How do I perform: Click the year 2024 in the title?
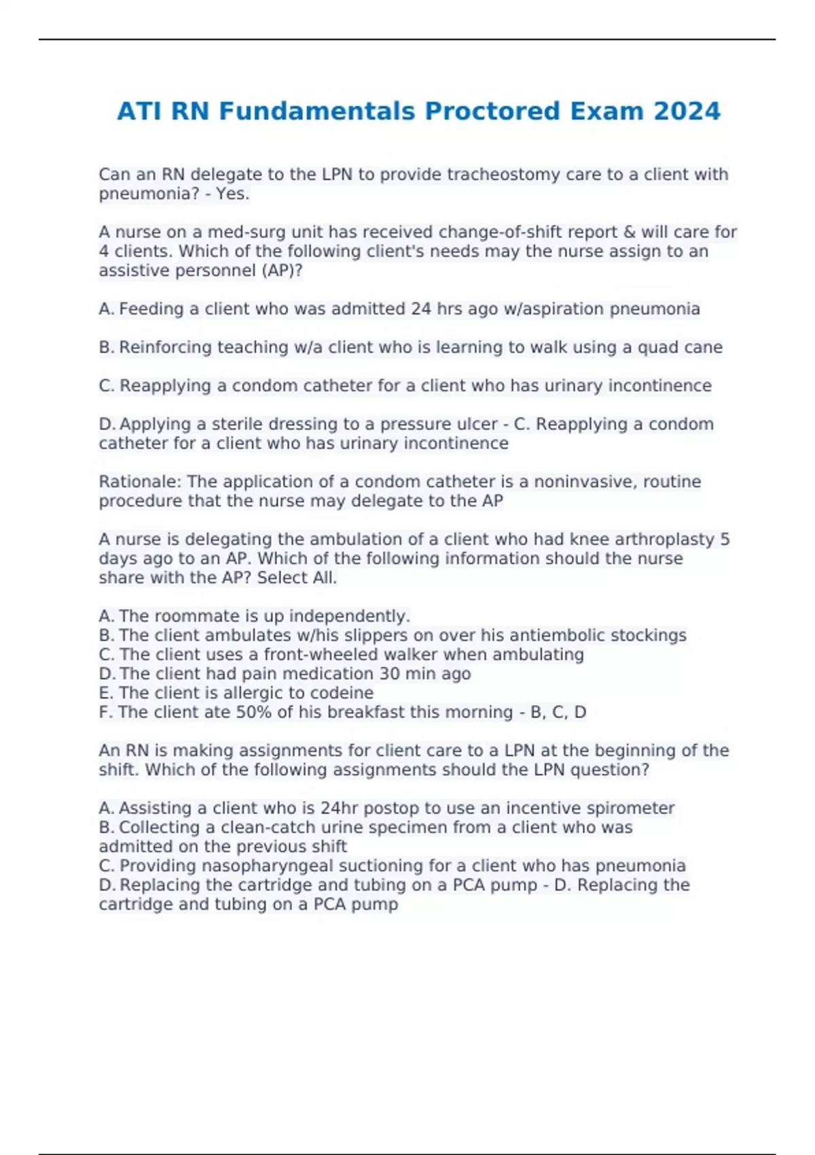coord(687,111)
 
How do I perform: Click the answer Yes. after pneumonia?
coord(232,194)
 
